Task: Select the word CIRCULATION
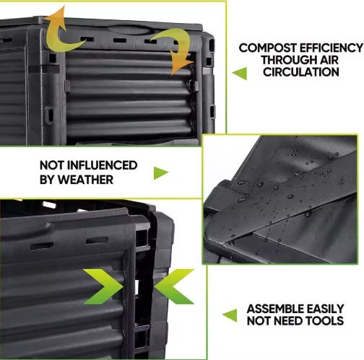(301, 72)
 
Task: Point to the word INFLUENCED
(102, 165)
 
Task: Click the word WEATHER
(85, 180)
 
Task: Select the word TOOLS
(324, 320)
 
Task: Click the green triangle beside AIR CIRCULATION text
(240, 73)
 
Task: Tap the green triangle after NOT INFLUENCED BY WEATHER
(161, 172)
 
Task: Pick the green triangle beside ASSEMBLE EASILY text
(230, 315)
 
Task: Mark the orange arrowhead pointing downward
(180, 63)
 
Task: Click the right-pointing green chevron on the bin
(103, 286)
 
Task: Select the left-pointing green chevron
(174, 286)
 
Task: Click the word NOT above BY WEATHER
(52, 165)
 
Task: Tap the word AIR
(329, 60)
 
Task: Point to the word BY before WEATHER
(48, 180)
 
